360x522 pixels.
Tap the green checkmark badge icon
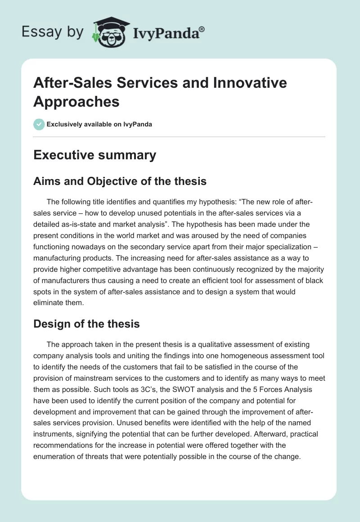tap(39, 124)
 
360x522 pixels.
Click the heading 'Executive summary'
tap(95, 155)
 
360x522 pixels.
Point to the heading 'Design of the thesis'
tap(87, 324)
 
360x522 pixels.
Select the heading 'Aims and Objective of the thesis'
tap(120, 181)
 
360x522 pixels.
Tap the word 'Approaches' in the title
tap(76, 102)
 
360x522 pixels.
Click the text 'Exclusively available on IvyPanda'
tap(99, 125)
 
